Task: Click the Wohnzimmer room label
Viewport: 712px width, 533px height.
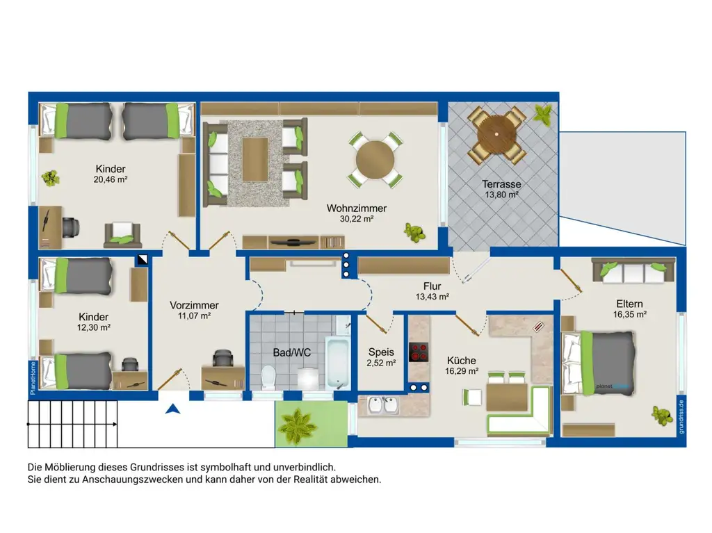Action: click(357, 208)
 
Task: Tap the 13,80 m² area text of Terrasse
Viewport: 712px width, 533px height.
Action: click(502, 195)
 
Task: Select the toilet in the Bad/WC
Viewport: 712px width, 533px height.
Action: click(268, 378)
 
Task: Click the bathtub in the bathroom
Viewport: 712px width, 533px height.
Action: click(338, 362)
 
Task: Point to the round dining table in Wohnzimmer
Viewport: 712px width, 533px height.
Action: click(375, 160)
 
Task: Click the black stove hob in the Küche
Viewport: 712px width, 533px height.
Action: click(419, 352)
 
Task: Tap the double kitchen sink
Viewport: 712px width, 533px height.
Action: click(384, 405)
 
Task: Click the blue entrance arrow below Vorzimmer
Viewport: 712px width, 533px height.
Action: click(173, 409)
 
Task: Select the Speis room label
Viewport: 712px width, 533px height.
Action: click(381, 352)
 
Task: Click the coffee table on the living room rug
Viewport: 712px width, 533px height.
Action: click(254, 159)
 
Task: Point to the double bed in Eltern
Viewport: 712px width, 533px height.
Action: click(598, 363)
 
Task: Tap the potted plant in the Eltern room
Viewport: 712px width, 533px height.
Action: click(663, 415)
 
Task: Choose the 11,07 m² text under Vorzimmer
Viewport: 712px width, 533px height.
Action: click(195, 316)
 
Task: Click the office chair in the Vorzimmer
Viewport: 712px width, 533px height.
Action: click(222, 358)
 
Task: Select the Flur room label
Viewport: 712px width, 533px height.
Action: click(432, 286)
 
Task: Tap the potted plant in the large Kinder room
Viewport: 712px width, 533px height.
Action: click(50, 178)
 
